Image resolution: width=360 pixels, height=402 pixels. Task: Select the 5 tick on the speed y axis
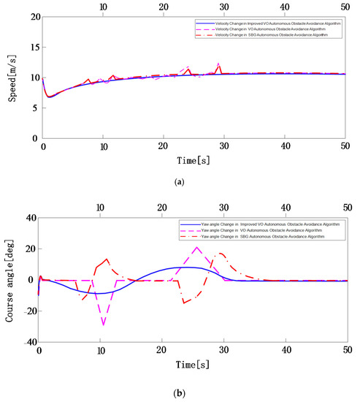[x=35, y=107]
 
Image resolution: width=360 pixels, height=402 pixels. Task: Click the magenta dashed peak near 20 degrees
[x=196, y=247]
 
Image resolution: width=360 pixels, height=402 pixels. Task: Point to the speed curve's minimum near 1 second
[x=48, y=96]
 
